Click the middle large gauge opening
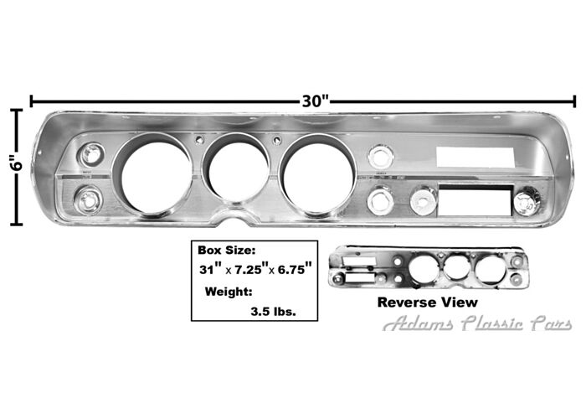coord(238,168)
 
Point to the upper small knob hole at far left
coord(90,154)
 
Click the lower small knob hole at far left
coord(88,200)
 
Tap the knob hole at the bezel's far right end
coord(526,201)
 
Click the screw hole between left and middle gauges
coord(199,140)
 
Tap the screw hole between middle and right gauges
coord(278,140)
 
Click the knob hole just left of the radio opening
coord(423,199)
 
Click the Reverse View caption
coord(427,302)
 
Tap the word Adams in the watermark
coord(419,324)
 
